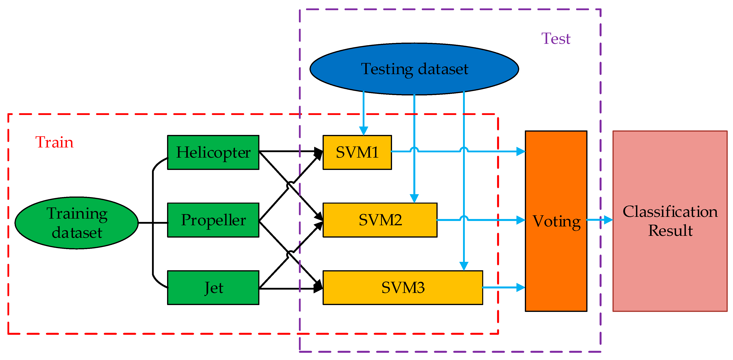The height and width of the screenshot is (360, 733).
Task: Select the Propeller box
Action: pyautogui.click(x=213, y=220)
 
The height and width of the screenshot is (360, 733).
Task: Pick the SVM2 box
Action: pyautogui.click(x=380, y=220)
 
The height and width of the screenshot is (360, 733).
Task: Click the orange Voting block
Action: pyautogui.click(x=556, y=221)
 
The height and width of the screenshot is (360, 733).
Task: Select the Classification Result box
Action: pyautogui.click(x=670, y=221)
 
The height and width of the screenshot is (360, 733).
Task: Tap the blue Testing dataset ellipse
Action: pyautogui.click(x=414, y=69)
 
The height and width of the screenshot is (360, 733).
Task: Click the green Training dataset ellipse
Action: pyautogui.click(x=76, y=223)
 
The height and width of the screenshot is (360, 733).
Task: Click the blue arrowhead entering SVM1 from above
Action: pyautogui.click(x=363, y=131)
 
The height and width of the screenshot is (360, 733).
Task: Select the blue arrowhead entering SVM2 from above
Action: pyautogui.click(x=414, y=198)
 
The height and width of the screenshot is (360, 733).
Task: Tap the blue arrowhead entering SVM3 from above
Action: pyautogui.click(x=464, y=266)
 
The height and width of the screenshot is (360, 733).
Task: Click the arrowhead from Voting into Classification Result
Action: pyautogui.click(x=608, y=220)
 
